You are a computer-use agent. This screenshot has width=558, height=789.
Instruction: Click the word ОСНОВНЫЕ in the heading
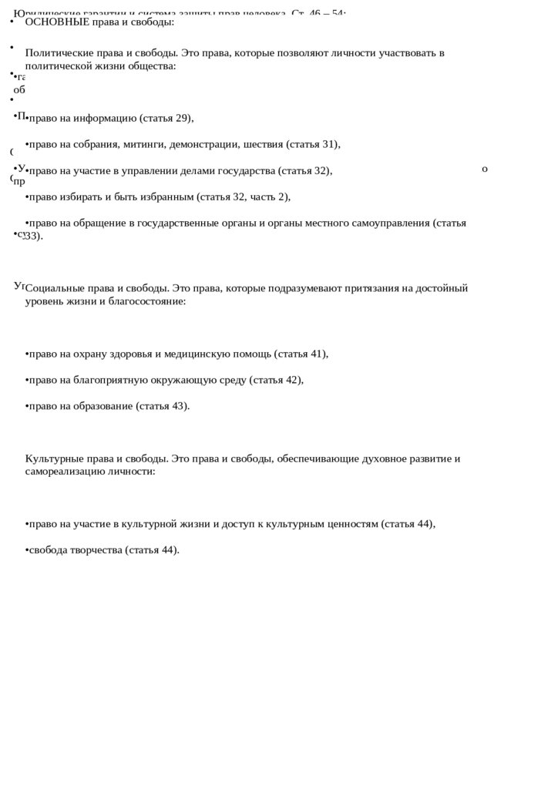(x=57, y=22)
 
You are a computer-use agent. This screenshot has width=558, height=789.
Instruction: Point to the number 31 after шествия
(x=330, y=144)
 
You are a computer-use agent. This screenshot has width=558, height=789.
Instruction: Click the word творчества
(x=96, y=550)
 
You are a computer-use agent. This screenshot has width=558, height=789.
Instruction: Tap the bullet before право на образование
(x=27, y=406)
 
